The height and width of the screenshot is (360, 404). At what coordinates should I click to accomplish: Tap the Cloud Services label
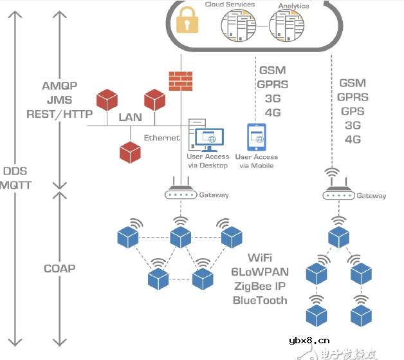point(230,5)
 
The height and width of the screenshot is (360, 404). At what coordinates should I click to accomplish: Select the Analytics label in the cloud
point(293,6)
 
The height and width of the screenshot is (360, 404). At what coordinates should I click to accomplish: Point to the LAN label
point(131,118)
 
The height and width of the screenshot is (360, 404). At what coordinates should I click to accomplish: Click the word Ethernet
point(161,138)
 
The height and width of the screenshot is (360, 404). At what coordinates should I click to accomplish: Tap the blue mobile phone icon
point(256,137)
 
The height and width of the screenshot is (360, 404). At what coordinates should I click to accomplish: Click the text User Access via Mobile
point(256,161)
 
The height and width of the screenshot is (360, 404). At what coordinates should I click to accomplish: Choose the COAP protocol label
point(59,269)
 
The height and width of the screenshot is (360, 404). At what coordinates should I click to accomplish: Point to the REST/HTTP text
point(59,114)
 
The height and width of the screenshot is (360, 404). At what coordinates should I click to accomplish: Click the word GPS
point(353,111)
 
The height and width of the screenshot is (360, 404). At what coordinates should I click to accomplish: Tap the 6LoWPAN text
point(260,272)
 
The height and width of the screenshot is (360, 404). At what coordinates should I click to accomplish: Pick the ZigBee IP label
point(260,286)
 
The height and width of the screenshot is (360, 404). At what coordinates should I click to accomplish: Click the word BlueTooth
point(260,300)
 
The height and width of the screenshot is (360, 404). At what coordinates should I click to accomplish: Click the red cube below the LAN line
point(130,151)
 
